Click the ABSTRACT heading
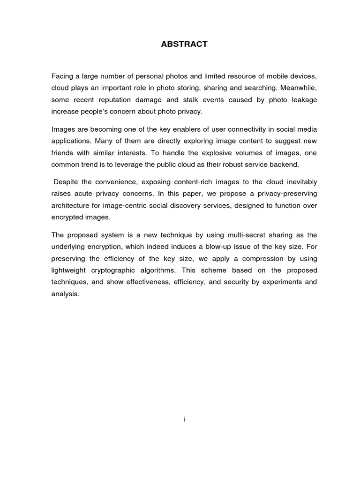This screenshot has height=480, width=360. [x=184, y=45]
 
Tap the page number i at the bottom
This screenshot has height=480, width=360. [x=184, y=420]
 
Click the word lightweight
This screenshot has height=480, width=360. [x=70, y=270]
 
